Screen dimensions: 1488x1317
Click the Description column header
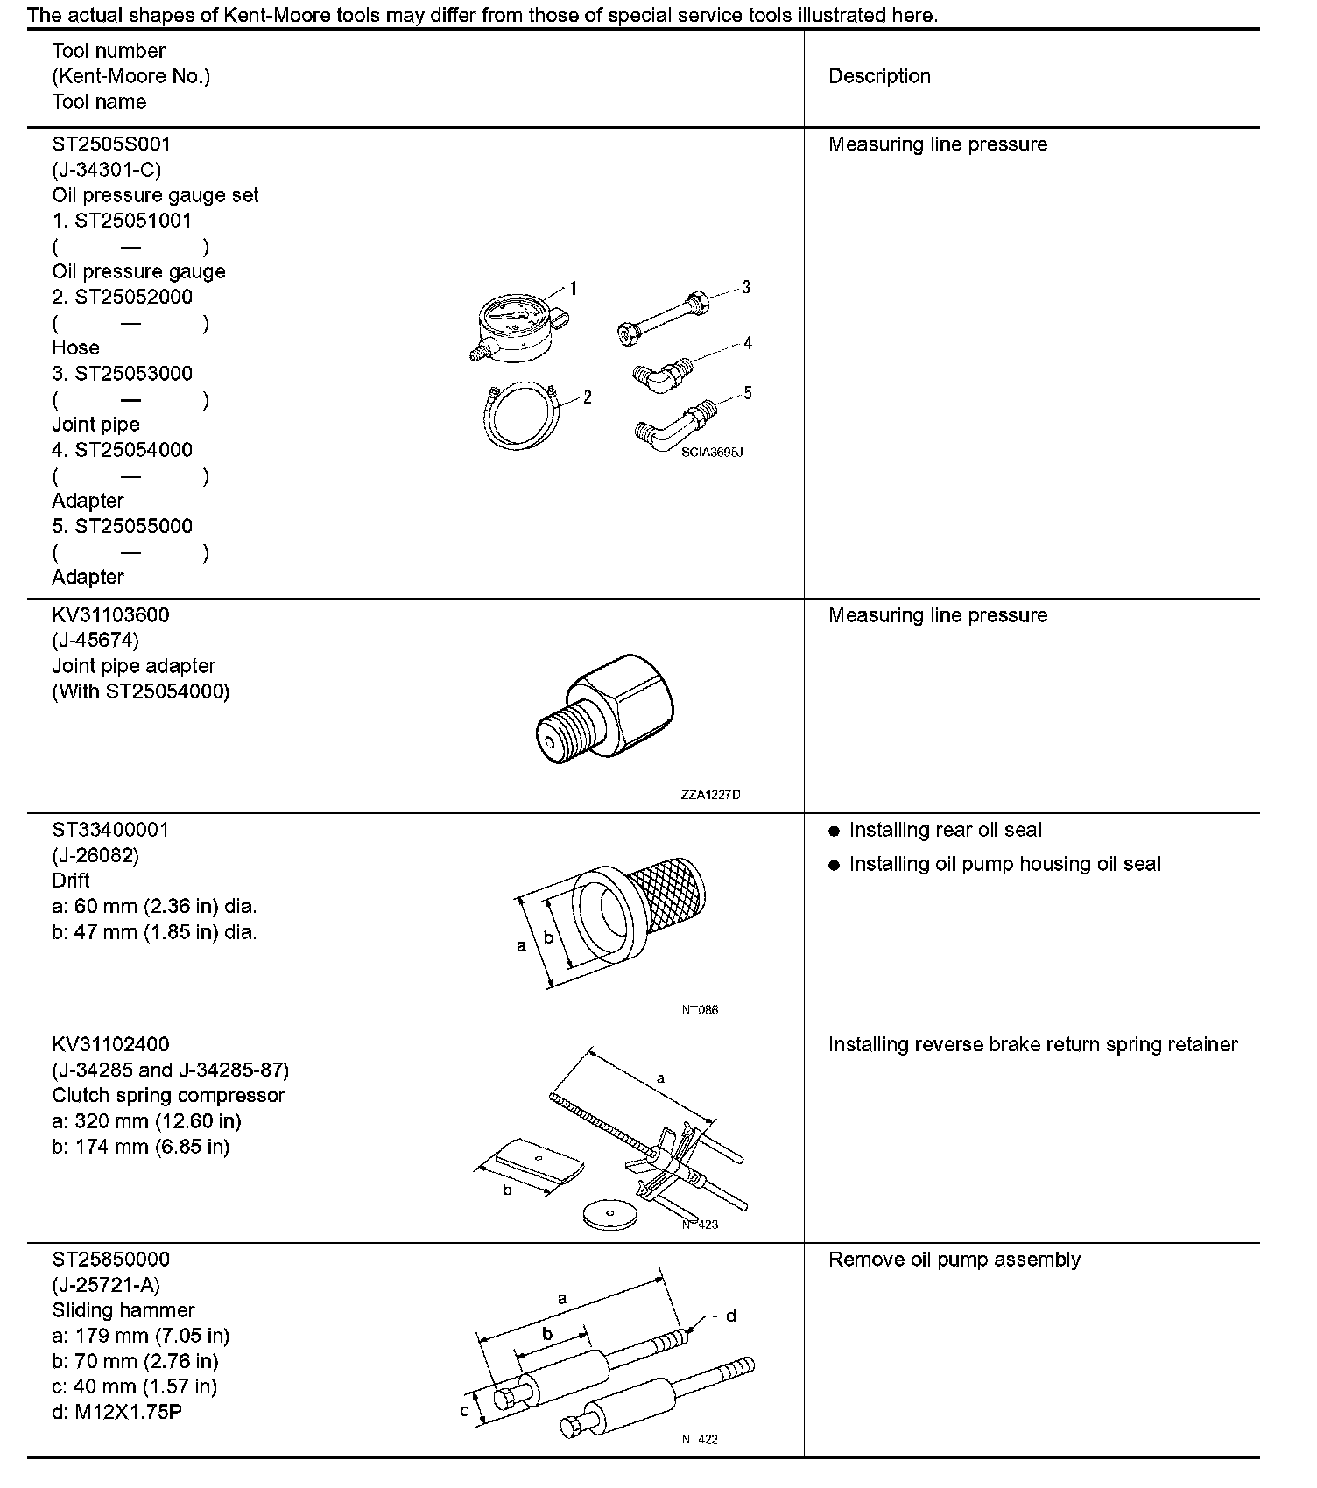[x=879, y=76]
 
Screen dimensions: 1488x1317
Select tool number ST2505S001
[x=111, y=144]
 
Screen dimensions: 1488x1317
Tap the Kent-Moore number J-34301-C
[x=106, y=169]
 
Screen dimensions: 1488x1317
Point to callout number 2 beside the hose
[x=587, y=397]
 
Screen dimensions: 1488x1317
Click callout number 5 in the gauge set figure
[x=747, y=393]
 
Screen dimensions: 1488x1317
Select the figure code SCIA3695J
[x=711, y=453]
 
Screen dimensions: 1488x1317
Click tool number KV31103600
[x=110, y=614]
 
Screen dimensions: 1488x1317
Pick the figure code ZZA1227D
[x=710, y=795]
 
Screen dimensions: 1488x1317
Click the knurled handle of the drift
[x=671, y=892]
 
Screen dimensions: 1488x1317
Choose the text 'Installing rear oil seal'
[x=945, y=830]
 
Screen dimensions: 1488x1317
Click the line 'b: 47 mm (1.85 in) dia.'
[x=154, y=932]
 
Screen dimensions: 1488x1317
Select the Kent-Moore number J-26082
[x=95, y=854]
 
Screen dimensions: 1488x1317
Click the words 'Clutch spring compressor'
[x=168, y=1095]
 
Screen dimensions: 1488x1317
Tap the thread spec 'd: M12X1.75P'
[x=116, y=1412]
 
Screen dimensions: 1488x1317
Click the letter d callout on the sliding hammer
[x=731, y=1316]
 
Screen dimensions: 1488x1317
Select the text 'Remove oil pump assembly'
[x=954, y=1259]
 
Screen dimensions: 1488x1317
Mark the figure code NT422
[x=700, y=1439]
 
